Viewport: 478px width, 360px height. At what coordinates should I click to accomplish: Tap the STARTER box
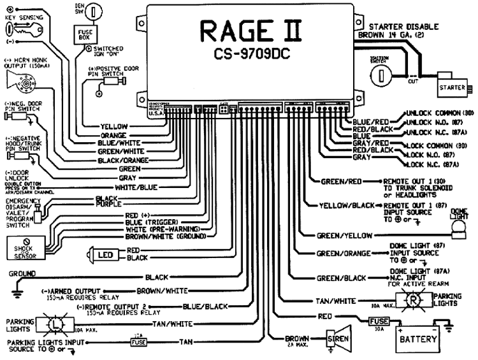[x=452, y=83]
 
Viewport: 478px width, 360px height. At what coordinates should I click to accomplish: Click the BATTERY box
[x=417, y=339]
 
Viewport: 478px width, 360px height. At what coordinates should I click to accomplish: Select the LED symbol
[x=101, y=256]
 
